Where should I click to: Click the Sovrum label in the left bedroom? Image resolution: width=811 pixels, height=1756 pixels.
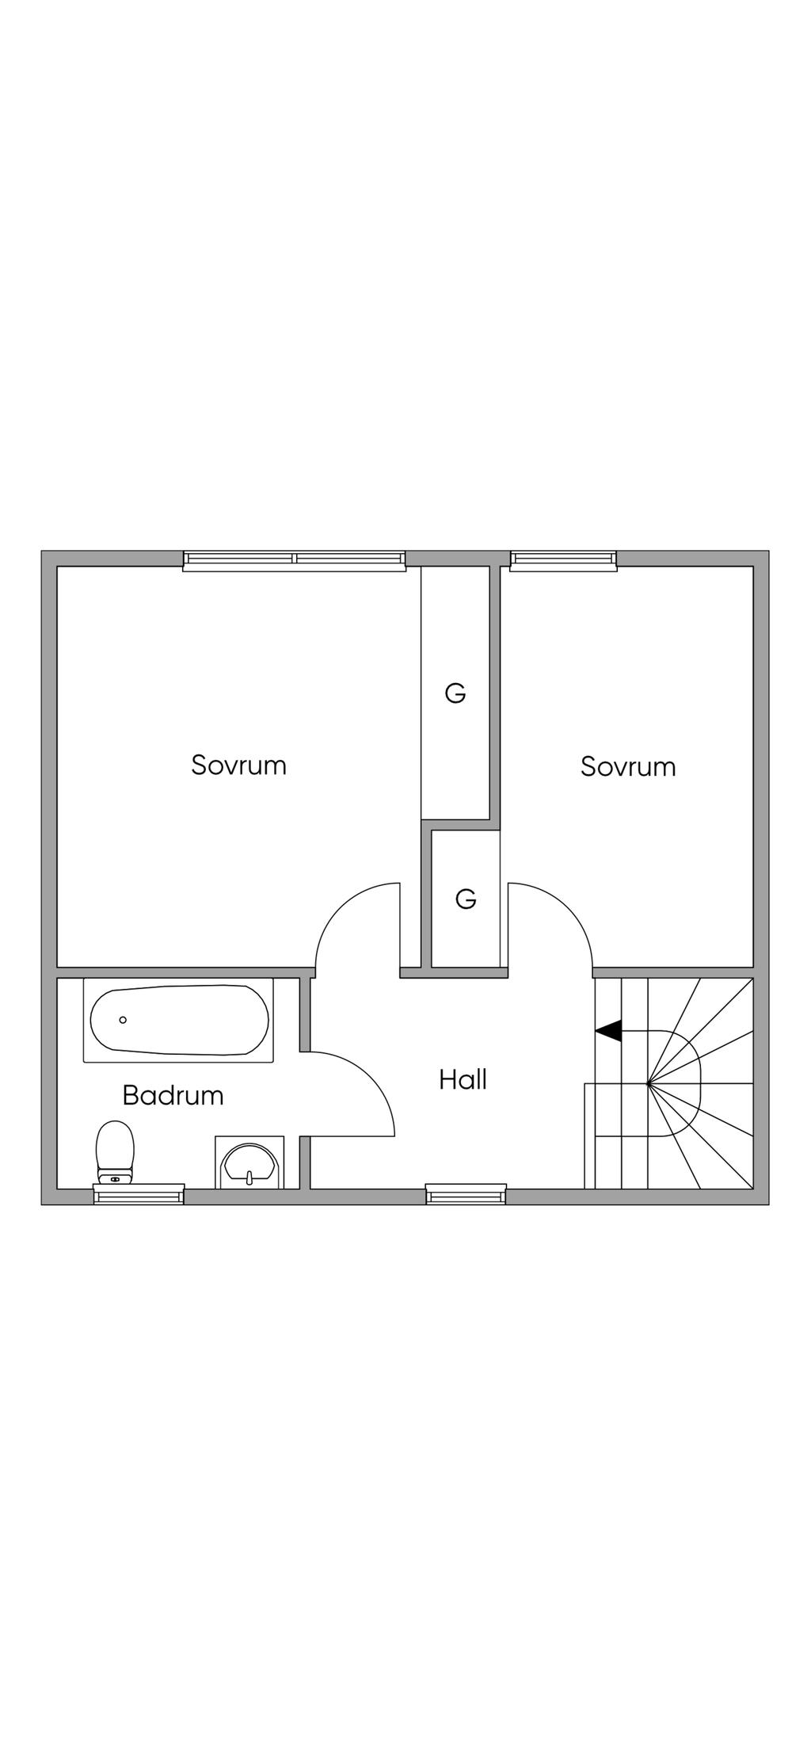(238, 765)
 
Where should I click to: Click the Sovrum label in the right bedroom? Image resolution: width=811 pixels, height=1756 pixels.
(628, 766)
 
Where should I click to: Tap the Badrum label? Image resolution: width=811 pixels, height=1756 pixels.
(173, 1095)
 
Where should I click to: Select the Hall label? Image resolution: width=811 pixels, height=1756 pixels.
(463, 1079)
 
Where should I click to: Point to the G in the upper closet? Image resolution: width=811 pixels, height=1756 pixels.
(455, 693)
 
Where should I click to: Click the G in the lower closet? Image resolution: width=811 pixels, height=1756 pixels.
(466, 899)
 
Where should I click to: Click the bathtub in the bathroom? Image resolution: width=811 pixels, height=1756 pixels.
(178, 1020)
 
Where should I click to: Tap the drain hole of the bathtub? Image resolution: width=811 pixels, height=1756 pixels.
(123, 1020)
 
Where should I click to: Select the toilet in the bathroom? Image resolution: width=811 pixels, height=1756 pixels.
(115, 1152)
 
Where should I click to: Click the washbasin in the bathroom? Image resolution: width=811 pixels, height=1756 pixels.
(249, 1162)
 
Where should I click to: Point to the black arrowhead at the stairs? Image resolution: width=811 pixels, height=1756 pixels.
(608, 1031)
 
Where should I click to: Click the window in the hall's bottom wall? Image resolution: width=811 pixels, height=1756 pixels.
(466, 1193)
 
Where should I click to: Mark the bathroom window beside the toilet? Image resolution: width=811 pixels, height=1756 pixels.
(139, 1194)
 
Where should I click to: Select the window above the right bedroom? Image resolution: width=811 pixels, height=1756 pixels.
(563, 561)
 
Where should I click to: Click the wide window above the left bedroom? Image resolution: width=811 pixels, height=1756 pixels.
(294, 561)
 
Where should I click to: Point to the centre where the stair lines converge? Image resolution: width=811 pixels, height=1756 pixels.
(648, 1083)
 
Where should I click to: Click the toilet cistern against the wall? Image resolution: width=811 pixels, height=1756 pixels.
(115, 1178)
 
